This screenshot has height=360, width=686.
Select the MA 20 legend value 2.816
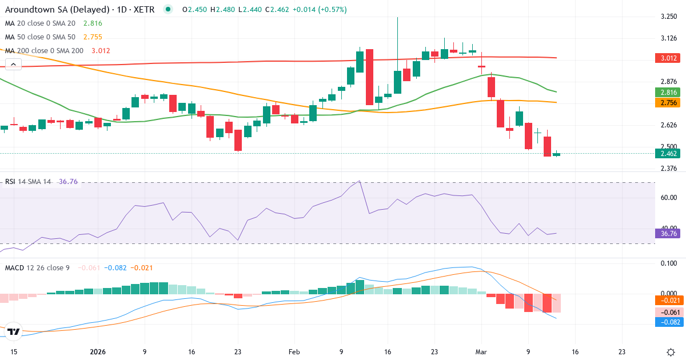pyautogui.click(x=92, y=23)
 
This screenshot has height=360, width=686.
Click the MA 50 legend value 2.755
pyautogui.click(x=92, y=37)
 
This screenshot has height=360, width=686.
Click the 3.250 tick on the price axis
pyautogui.click(x=669, y=17)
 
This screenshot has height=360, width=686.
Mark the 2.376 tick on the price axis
pyautogui.click(x=669, y=169)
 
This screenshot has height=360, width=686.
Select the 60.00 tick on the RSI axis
pyautogui.click(x=669, y=198)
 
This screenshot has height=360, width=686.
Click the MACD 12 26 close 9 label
pyautogui.click(x=37, y=267)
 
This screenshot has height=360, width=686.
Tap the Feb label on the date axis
pyautogui.click(x=294, y=352)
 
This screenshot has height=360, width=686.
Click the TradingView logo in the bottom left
pyautogui.click(x=14, y=331)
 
